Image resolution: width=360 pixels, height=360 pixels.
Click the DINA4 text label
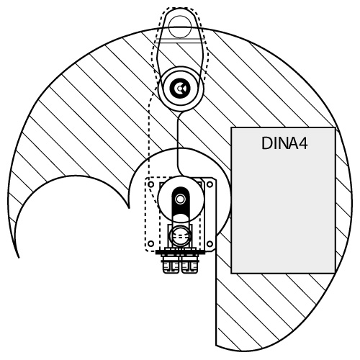point(284,143)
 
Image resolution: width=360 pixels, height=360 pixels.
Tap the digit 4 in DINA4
point(302,143)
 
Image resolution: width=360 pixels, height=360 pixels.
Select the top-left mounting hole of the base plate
point(151,184)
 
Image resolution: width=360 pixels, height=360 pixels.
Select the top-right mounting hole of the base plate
point(210,184)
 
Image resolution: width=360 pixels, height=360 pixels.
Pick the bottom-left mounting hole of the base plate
point(150,243)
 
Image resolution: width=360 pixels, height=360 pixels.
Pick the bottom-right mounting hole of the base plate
point(210,244)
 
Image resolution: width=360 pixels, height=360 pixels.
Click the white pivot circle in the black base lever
point(180,199)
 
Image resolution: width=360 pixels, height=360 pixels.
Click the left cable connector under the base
point(171,264)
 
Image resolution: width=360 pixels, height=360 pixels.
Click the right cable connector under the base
point(189,264)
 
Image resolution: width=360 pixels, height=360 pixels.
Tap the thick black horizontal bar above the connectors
point(180,252)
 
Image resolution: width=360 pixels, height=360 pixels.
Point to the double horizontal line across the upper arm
point(181,41)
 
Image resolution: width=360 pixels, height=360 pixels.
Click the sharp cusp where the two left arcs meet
point(129,208)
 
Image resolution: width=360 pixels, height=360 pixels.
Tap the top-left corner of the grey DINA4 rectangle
point(231,127)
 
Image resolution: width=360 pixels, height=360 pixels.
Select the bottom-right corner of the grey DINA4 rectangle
point(336,273)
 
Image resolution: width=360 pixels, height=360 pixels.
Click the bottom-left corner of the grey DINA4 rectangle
point(231,273)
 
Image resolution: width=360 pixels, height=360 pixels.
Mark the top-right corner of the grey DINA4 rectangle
point(336,127)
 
